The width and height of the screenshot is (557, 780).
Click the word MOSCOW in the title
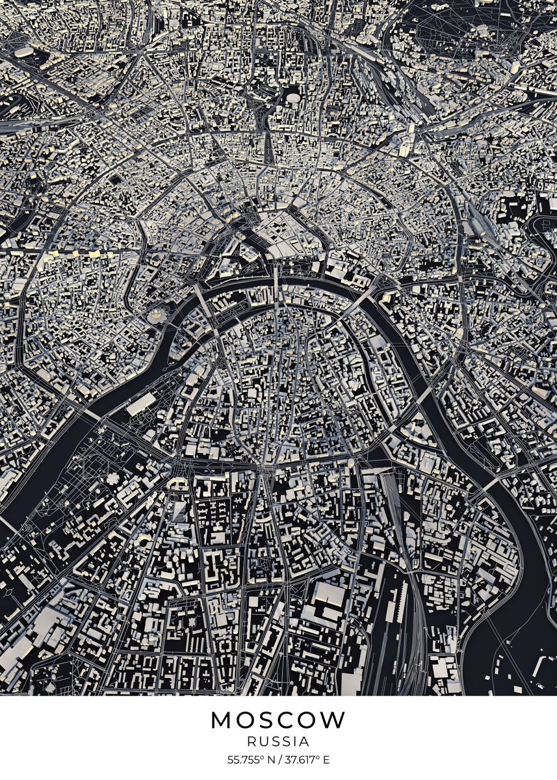pyautogui.click(x=278, y=720)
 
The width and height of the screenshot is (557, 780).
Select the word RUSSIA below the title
pyautogui.click(x=278, y=742)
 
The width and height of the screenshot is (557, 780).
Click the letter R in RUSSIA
pyautogui.click(x=250, y=742)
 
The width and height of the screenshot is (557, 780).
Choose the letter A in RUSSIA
pyautogui.click(x=305, y=742)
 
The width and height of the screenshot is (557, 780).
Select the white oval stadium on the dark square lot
pyautogui.click(x=294, y=99)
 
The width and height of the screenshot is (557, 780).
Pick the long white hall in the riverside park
pyautogui.click(x=141, y=404)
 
